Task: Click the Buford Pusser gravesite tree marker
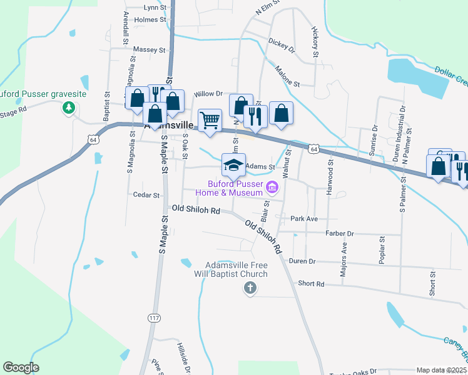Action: coord(68,108)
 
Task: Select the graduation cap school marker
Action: coord(233,166)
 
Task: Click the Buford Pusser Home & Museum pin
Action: coord(272,187)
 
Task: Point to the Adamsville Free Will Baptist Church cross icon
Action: coord(250,288)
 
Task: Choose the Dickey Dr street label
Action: coord(281,44)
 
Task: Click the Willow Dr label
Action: coord(208,94)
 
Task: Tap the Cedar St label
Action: coord(147,195)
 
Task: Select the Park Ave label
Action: coord(305,219)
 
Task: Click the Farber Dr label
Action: coord(340,233)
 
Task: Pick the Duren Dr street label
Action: coord(302,261)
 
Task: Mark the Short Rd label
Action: coord(311,284)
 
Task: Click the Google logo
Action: coord(21,367)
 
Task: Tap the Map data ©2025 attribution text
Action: coord(441,370)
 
